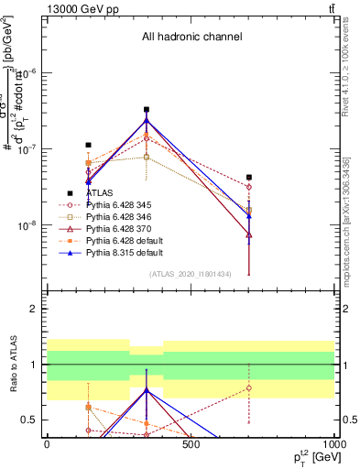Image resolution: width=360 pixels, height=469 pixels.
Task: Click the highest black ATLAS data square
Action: [147, 110]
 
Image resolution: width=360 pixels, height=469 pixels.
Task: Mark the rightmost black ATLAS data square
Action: [249, 178]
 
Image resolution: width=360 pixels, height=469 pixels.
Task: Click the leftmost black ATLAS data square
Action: [89, 145]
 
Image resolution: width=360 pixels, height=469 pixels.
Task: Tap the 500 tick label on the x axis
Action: [191, 444]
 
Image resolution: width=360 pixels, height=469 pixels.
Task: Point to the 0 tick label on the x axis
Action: [47, 444]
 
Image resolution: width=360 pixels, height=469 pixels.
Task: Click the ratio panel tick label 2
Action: [34, 310]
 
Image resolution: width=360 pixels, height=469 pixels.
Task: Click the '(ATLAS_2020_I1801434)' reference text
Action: [191, 275]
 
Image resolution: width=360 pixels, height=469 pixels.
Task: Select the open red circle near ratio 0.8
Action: [249, 387]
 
